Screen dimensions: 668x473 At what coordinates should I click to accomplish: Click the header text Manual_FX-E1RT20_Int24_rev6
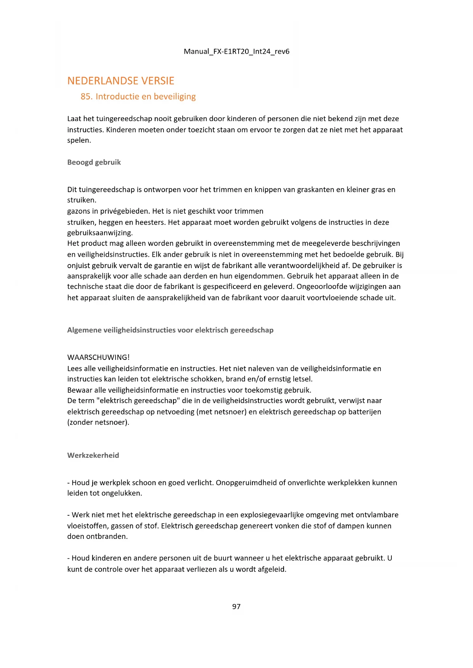(x=236, y=51)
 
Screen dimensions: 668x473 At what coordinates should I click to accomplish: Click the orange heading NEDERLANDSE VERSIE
(x=120, y=81)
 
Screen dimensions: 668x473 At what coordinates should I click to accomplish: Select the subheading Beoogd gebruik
(x=94, y=162)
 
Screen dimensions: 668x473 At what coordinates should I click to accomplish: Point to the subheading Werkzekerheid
(x=93, y=455)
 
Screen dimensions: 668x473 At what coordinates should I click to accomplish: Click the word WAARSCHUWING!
(x=98, y=358)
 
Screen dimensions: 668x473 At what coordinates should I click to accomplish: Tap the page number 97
(x=236, y=607)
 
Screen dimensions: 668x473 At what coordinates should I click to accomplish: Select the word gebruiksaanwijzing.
(x=100, y=233)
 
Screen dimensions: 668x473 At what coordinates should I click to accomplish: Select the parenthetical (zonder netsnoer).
(x=98, y=422)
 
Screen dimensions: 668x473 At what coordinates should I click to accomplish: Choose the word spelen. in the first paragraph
(x=79, y=141)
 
